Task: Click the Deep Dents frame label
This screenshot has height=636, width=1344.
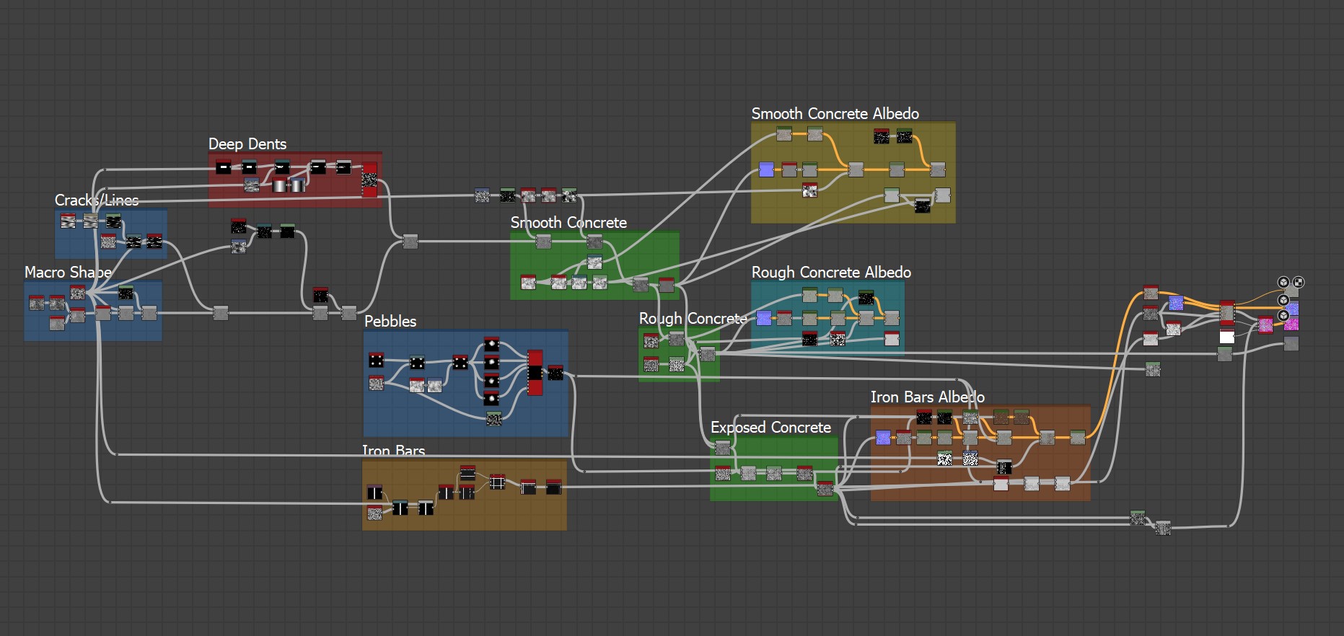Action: click(247, 144)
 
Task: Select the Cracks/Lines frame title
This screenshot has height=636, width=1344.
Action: click(96, 200)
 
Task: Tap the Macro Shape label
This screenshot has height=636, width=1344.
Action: click(67, 273)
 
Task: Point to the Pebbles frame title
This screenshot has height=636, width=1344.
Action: click(390, 322)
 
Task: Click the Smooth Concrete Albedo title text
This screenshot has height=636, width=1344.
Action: click(835, 114)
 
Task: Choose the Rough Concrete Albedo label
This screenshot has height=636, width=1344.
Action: click(830, 273)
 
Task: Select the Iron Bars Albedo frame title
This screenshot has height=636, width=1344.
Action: click(927, 397)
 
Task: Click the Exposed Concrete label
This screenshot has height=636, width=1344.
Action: click(770, 428)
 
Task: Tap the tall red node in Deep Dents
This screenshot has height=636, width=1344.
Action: click(369, 180)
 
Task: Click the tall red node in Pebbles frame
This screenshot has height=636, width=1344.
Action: click(535, 373)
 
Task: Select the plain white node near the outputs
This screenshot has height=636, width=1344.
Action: click(1226, 337)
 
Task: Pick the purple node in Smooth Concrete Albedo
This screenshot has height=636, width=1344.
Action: click(766, 169)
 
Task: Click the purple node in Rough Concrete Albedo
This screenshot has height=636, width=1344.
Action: click(764, 317)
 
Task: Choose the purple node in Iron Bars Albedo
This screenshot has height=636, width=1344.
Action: click(883, 437)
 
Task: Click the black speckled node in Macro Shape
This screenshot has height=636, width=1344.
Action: click(126, 293)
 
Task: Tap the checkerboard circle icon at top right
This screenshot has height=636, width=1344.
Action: click(1298, 282)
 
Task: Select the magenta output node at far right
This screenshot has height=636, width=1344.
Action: click(1291, 324)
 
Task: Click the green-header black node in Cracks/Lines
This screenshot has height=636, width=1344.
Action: click(133, 242)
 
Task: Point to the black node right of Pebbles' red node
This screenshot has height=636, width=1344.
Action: click(555, 373)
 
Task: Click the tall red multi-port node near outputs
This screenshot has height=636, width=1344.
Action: click(1226, 312)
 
